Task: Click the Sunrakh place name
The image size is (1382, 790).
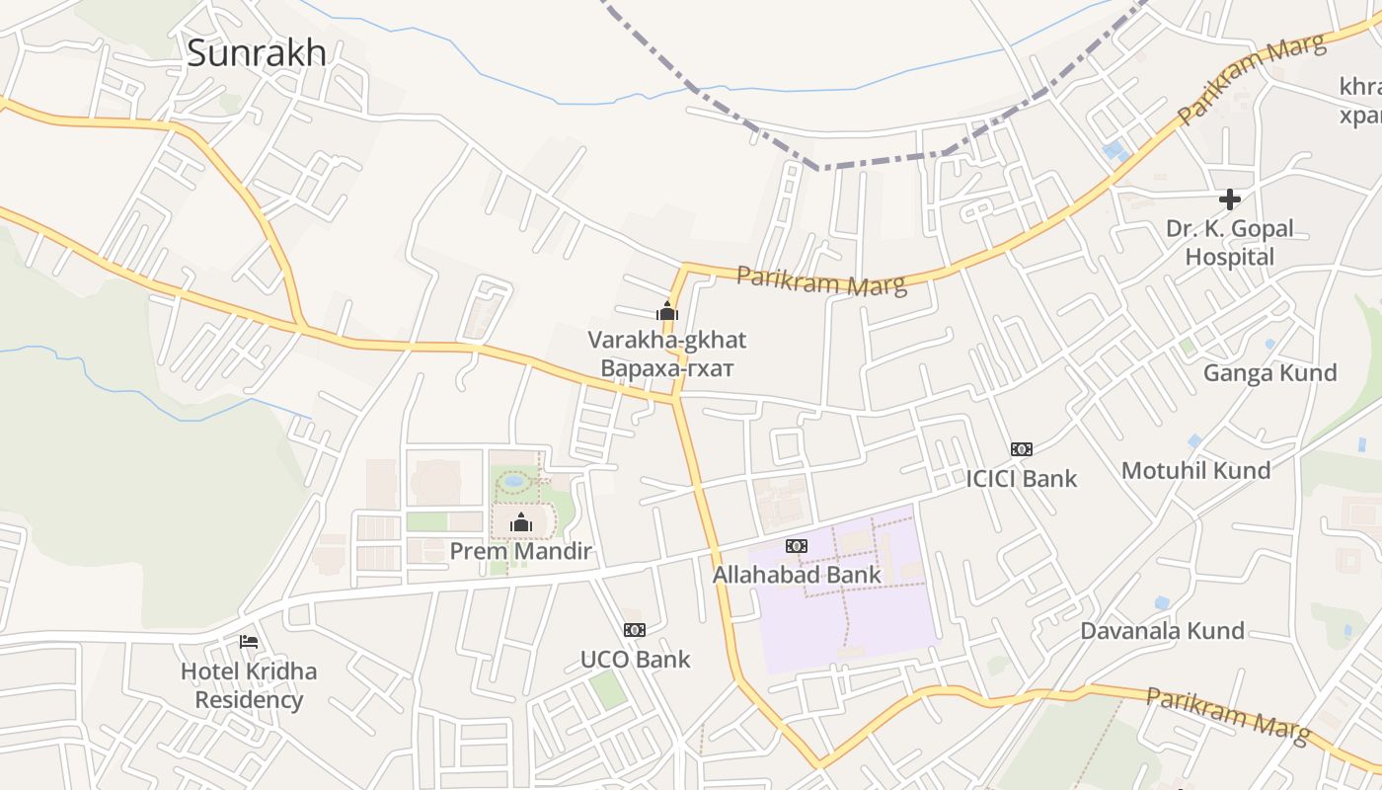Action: [256, 52]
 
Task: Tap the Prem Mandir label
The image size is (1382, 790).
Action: [520, 551]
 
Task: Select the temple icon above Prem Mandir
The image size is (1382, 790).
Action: [520, 522]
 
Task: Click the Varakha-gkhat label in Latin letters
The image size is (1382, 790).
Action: [667, 341]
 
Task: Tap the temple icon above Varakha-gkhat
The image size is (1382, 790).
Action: [667, 311]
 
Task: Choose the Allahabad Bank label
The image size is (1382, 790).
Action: [797, 574]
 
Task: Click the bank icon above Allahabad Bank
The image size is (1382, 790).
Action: [797, 546]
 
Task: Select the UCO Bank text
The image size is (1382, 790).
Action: [635, 659]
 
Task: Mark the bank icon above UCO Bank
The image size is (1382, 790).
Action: [635, 630]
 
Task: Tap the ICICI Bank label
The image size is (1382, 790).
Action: [1021, 479]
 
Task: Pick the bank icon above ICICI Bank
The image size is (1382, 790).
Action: [1021, 449]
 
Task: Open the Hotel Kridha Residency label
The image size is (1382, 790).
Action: [249, 685]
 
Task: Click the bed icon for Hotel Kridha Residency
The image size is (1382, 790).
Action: [249, 642]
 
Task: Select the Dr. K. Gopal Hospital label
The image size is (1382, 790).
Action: [1229, 242]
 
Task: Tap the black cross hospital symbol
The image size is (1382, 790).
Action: [1229, 199]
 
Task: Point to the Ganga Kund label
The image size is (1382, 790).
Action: [1269, 372]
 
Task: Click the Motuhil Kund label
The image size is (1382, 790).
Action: [1195, 470]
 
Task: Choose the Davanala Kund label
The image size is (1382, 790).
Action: [1162, 630]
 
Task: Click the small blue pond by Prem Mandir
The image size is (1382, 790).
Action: [514, 482]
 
